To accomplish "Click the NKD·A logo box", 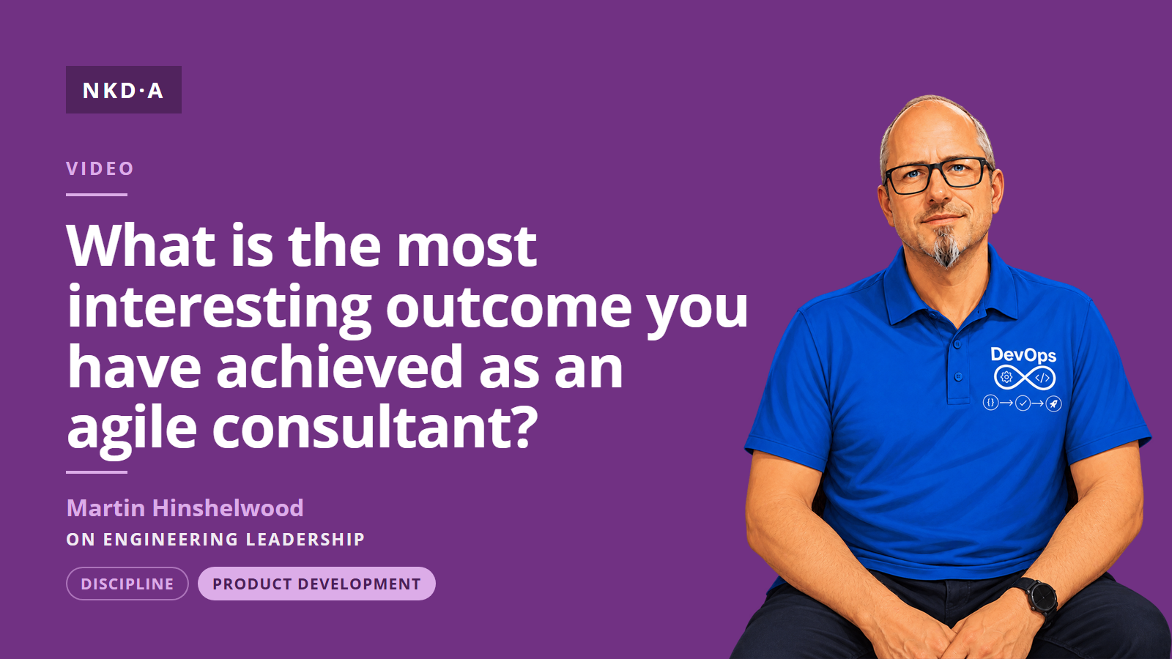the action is (x=124, y=89).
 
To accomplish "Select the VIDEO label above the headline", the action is (x=100, y=168).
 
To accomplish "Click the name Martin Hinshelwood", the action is (x=185, y=508).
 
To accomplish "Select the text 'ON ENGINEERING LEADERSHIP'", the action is (x=215, y=539).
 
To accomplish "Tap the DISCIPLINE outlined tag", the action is (x=127, y=584).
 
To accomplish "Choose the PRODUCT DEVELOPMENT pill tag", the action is (x=316, y=584).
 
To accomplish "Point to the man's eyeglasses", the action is (x=937, y=176).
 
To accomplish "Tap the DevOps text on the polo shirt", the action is (x=1023, y=355).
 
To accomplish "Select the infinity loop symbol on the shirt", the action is (x=1025, y=377).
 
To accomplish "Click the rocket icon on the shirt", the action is (x=1053, y=403).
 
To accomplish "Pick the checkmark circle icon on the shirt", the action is (x=1023, y=403).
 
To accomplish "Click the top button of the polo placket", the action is (x=957, y=345).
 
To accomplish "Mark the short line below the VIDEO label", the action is (x=97, y=195).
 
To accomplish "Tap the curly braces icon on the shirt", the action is (x=990, y=403).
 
